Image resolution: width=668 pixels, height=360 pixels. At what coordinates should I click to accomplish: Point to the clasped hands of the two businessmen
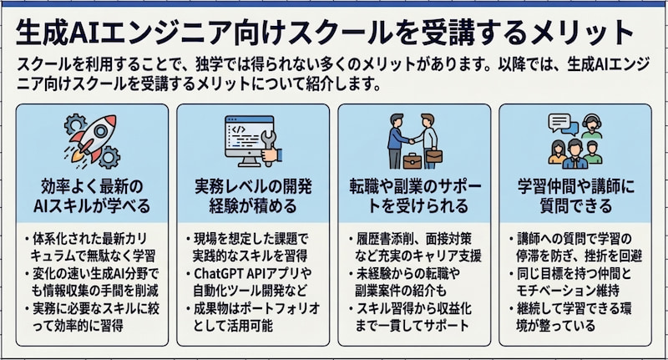point(414,135)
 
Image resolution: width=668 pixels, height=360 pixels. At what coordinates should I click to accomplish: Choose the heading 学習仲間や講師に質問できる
point(578,195)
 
